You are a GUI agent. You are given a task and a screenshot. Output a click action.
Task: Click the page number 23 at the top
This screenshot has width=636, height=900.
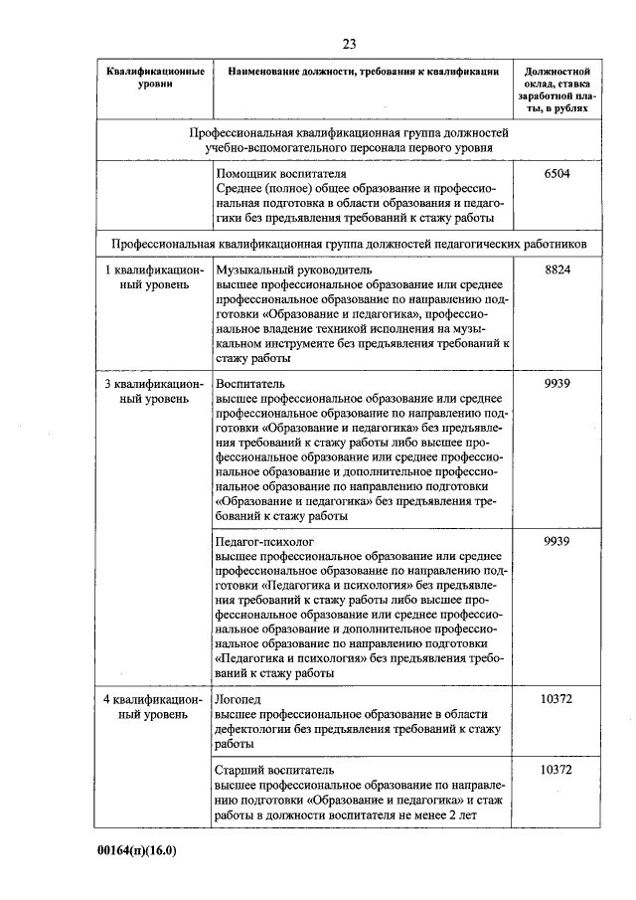pos(349,44)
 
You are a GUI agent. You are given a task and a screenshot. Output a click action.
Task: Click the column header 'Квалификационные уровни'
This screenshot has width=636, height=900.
pos(156,79)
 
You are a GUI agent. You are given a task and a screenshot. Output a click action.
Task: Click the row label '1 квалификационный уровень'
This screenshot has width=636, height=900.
pos(155,277)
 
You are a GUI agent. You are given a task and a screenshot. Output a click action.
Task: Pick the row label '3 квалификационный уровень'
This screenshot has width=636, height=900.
pos(155,391)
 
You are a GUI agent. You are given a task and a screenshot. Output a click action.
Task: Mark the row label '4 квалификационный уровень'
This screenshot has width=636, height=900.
pos(155,707)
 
